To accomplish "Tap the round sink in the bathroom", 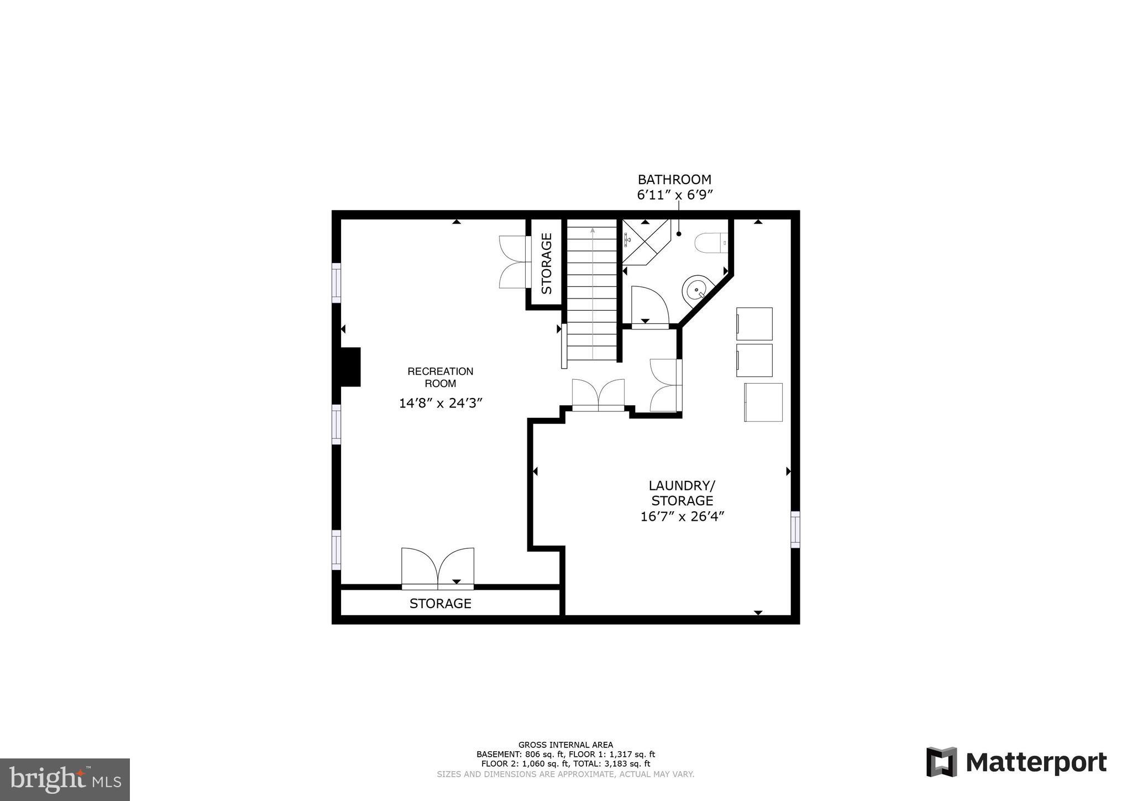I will [696, 290].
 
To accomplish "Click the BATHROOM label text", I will [674, 180].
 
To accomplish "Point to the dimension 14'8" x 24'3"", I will [441, 403].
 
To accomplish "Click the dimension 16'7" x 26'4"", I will [682, 516].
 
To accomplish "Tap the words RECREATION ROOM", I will [441, 378].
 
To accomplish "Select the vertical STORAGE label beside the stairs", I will [547, 263].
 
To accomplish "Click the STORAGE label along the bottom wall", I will [440, 604].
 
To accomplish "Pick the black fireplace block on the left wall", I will [350, 367].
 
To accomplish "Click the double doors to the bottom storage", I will [438, 568].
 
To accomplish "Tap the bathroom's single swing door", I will [649, 305].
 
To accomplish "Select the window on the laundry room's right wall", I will [795, 529].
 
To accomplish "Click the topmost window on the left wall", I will [336, 282].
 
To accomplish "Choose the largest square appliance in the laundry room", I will [763, 402].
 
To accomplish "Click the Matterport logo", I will [1016, 762].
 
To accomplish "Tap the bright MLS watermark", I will [65, 779].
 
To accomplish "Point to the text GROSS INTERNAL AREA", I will [565, 745].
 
